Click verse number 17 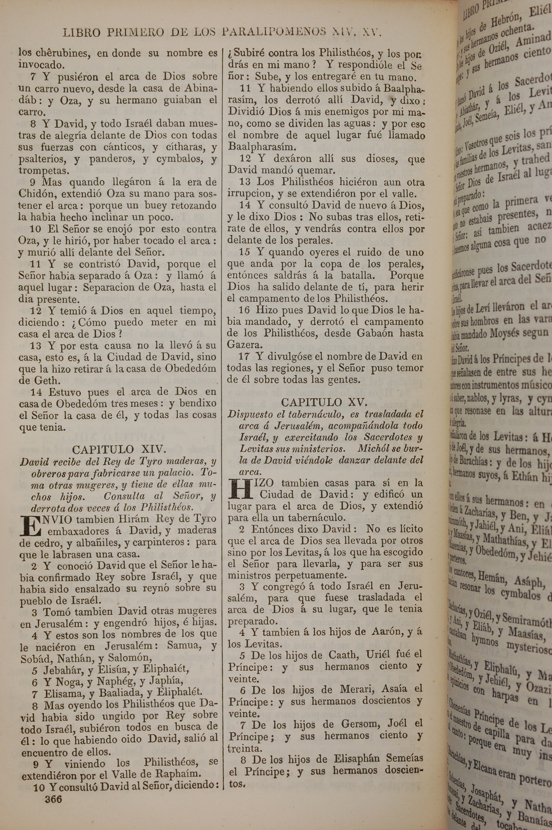point(244,357)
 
